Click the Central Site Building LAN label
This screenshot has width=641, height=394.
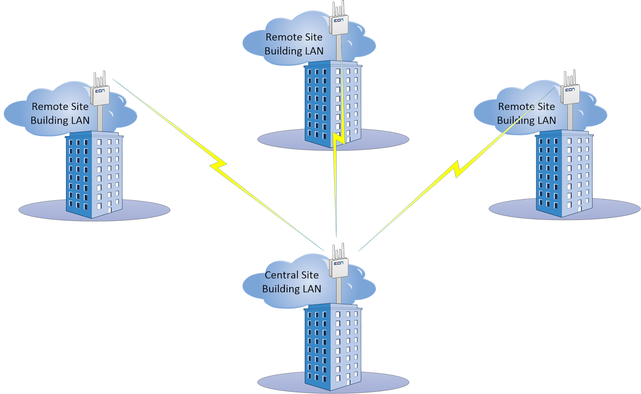click(292, 282)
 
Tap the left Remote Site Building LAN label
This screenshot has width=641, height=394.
click(60, 113)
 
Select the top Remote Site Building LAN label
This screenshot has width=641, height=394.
click(294, 44)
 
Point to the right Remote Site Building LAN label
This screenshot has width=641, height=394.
click(526, 113)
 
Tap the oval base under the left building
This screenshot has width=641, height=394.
click(95, 210)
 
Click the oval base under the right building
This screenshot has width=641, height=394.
click(564, 209)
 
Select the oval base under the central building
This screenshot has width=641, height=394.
click(333, 382)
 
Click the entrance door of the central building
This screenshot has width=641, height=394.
click(349, 382)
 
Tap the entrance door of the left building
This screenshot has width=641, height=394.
click(110, 211)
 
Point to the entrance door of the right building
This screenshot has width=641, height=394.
click(580, 209)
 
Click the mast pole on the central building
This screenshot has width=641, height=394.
click(339, 291)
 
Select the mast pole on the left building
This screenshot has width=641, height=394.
click(100, 118)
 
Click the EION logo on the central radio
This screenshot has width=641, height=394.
click(339, 263)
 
